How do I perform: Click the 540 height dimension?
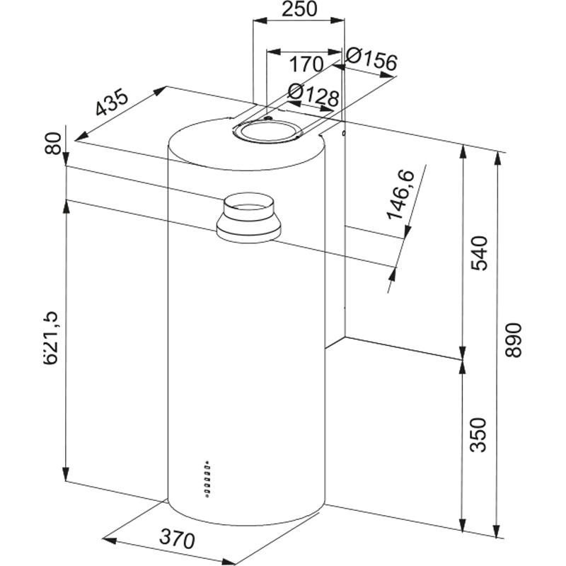click(479, 253)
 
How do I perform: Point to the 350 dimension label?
click(479, 435)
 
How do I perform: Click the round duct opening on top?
click(268, 131)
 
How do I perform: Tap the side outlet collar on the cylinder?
click(249, 219)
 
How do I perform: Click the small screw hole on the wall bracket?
click(343, 132)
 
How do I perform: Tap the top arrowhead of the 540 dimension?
click(463, 149)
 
